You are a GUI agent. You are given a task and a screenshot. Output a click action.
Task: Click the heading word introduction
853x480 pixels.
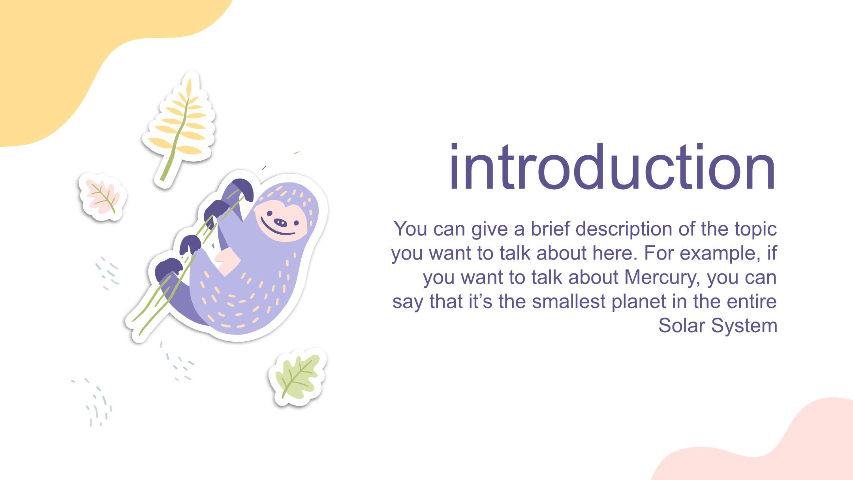pos(612,168)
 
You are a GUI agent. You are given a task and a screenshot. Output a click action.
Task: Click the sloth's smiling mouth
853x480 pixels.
pos(276,232)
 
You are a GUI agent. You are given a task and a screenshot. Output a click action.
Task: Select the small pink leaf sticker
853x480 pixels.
pos(102,197)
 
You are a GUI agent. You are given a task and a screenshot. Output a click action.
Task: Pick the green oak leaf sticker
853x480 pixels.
pos(298,377)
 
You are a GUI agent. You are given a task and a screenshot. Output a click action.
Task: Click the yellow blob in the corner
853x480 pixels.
pos(79,59)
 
